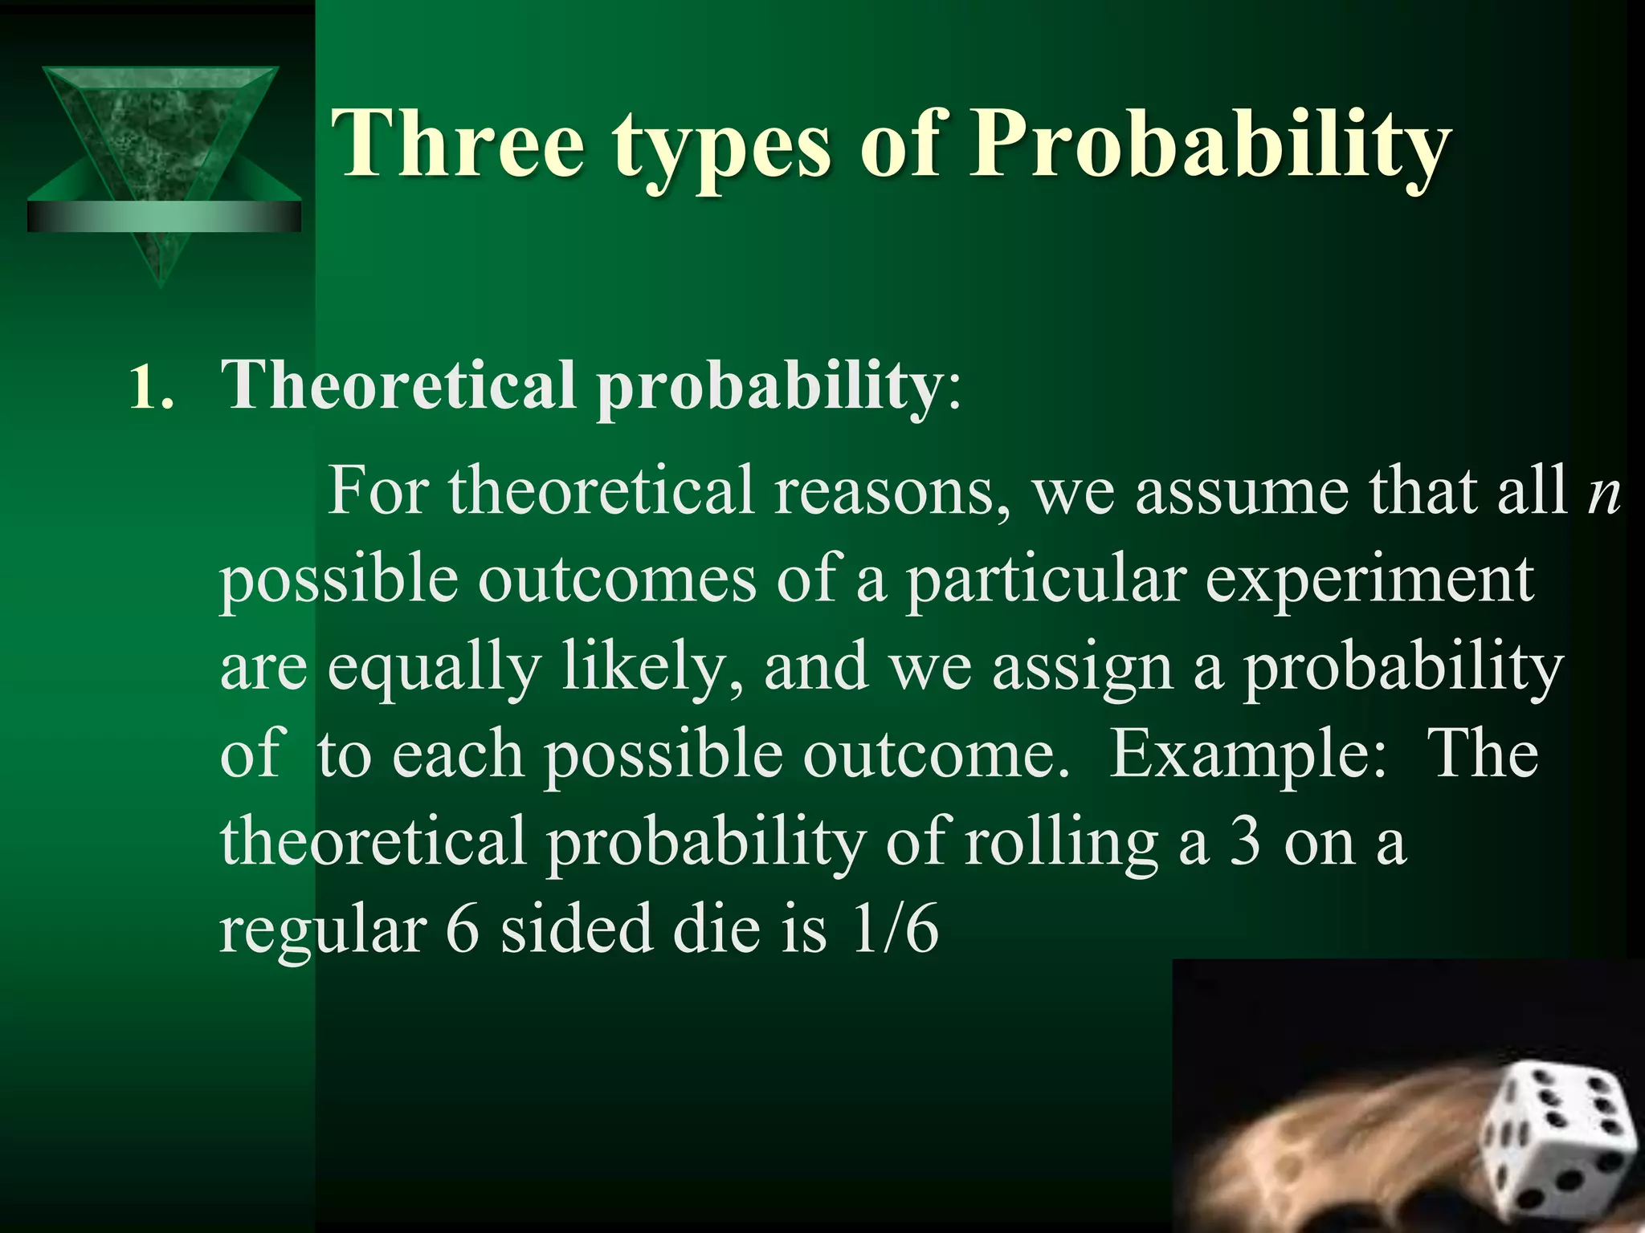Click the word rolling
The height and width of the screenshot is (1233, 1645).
(1061, 844)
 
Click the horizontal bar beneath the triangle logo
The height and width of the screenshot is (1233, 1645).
(164, 217)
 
